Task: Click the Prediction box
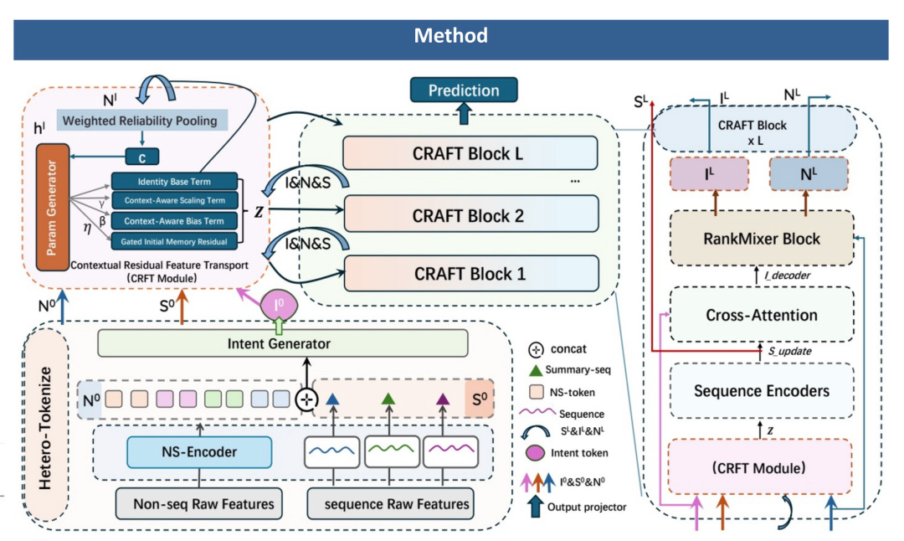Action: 464,90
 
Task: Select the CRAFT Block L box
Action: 470,153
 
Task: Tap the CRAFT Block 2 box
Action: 470,214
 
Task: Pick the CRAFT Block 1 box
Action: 471,273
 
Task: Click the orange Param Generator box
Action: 53,207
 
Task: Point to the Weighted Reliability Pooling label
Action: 141,121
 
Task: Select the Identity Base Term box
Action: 174,181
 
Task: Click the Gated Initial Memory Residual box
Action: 174,242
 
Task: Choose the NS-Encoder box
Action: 199,451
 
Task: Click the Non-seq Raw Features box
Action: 199,503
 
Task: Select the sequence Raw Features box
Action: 390,503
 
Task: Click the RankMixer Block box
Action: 762,238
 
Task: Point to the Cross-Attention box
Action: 762,315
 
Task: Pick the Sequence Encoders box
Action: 762,390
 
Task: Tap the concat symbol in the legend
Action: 537,349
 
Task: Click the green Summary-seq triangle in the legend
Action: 536,369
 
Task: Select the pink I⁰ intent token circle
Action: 279,305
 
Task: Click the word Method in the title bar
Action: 451,36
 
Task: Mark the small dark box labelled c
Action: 141,157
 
